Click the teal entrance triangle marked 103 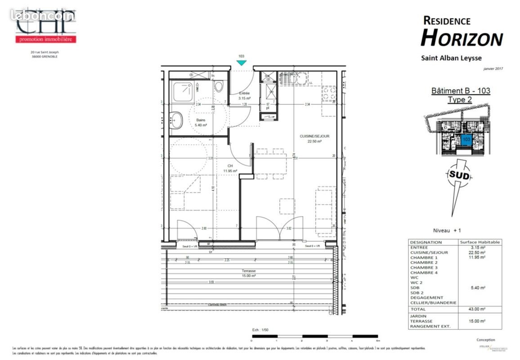coord(241,63)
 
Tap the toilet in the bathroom coord(219,86)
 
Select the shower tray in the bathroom coord(183,91)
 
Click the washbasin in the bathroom coord(176,120)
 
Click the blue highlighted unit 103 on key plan coord(466,139)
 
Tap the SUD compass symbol coord(458,176)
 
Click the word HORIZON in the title coord(462,38)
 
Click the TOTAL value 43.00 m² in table coord(480,309)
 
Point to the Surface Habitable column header coord(480,242)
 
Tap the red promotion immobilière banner coord(46,40)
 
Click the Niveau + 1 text coord(447,230)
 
